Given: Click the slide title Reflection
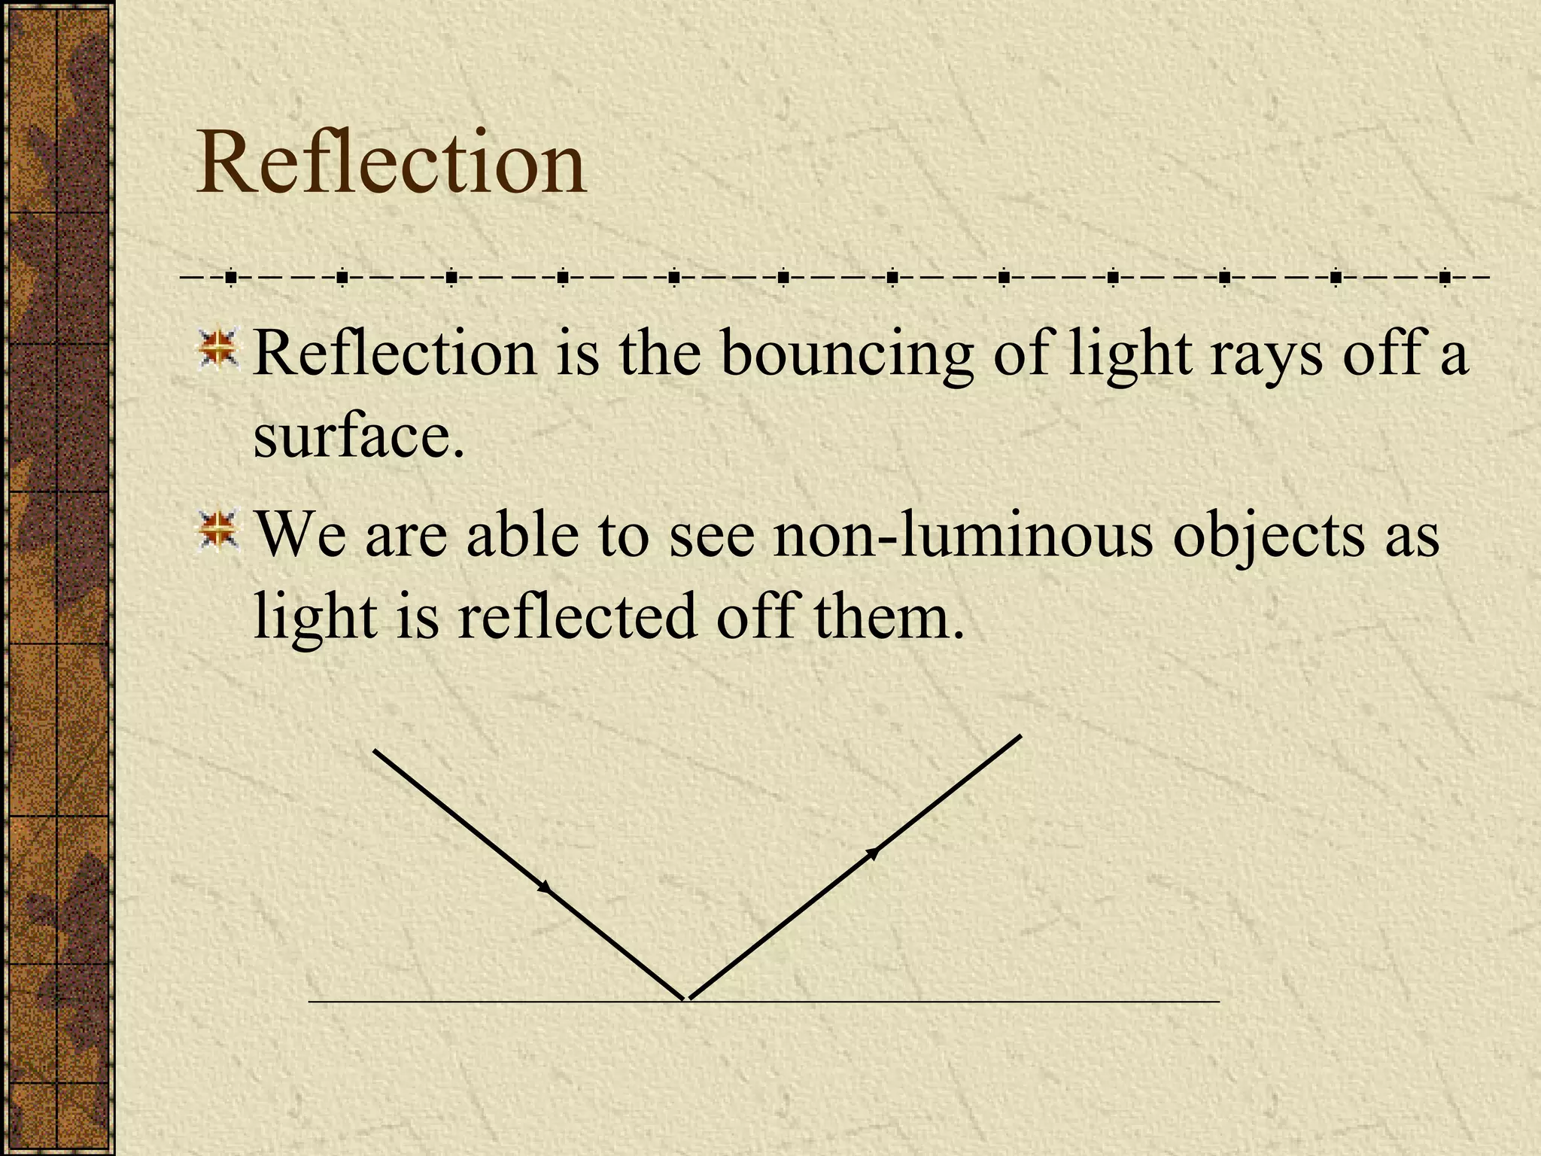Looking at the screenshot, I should (x=391, y=163).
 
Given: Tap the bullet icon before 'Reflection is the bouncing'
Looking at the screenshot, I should (x=217, y=350).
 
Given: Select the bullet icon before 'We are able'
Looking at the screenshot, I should (x=217, y=530).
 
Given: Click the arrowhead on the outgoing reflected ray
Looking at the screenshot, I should (x=873, y=853).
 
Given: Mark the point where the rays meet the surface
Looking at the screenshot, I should (x=685, y=1000).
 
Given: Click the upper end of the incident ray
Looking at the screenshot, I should (x=375, y=750).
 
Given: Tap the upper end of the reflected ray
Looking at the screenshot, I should (x=1020, y=735).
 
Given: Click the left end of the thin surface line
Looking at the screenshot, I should (x=310, y=1002).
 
